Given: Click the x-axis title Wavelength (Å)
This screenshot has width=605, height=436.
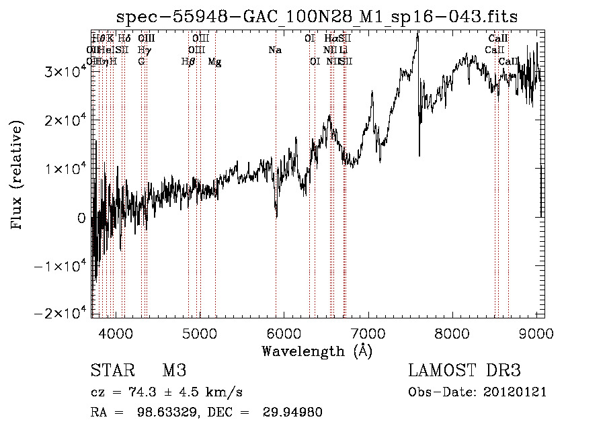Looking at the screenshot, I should (317, 350).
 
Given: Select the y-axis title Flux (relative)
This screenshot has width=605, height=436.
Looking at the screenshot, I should (16, 174).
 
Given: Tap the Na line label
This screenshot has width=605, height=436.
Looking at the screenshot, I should (274, 50).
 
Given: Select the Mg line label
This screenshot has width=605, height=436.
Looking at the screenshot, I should (214, 62).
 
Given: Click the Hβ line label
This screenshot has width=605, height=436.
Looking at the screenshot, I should (188, 62).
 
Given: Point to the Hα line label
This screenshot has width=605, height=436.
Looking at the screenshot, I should (331, 38).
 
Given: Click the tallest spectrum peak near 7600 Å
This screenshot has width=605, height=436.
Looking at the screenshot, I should (417, 34).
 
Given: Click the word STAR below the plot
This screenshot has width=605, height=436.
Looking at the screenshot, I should (112, 371).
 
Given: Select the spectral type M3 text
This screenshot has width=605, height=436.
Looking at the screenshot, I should (173, 371).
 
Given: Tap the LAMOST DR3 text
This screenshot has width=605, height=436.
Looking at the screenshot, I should (464, 371).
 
